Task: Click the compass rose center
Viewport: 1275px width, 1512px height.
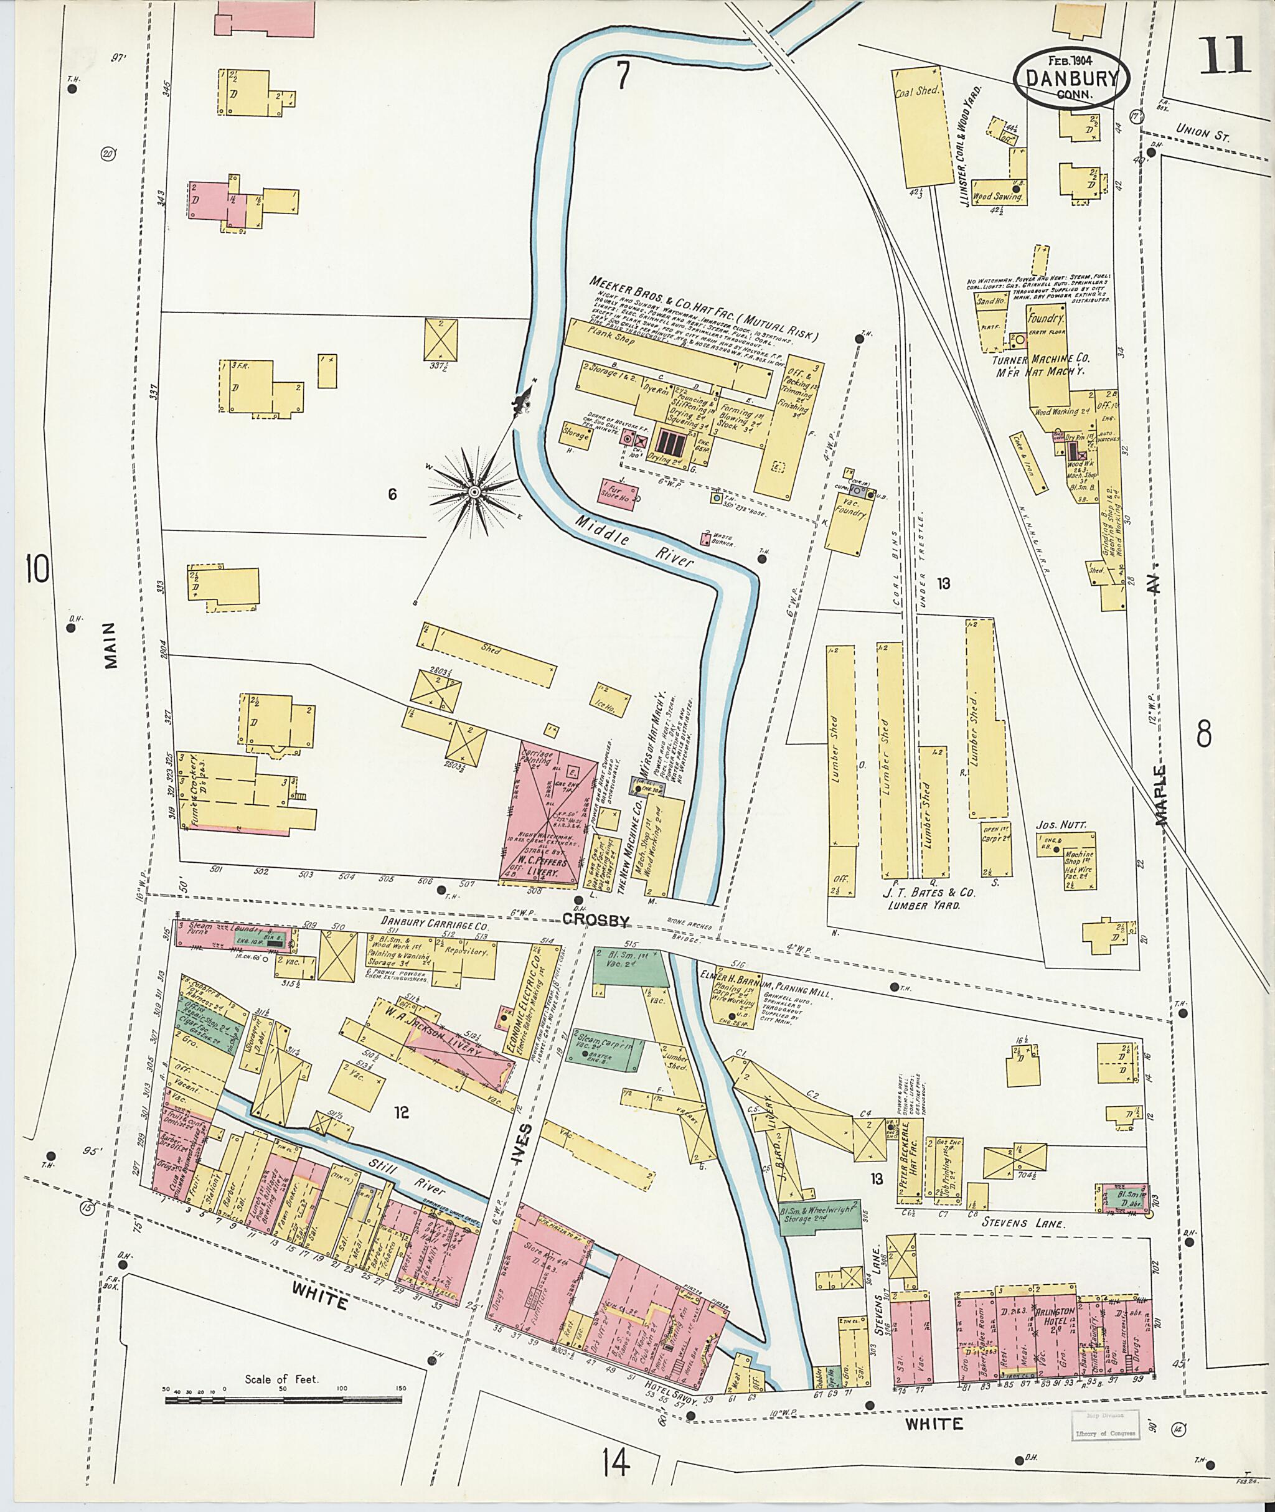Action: (x=474, y=492)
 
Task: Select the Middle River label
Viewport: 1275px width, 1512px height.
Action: (x=634, y=538)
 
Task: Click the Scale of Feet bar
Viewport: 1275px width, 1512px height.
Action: (x=286, y=1400)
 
